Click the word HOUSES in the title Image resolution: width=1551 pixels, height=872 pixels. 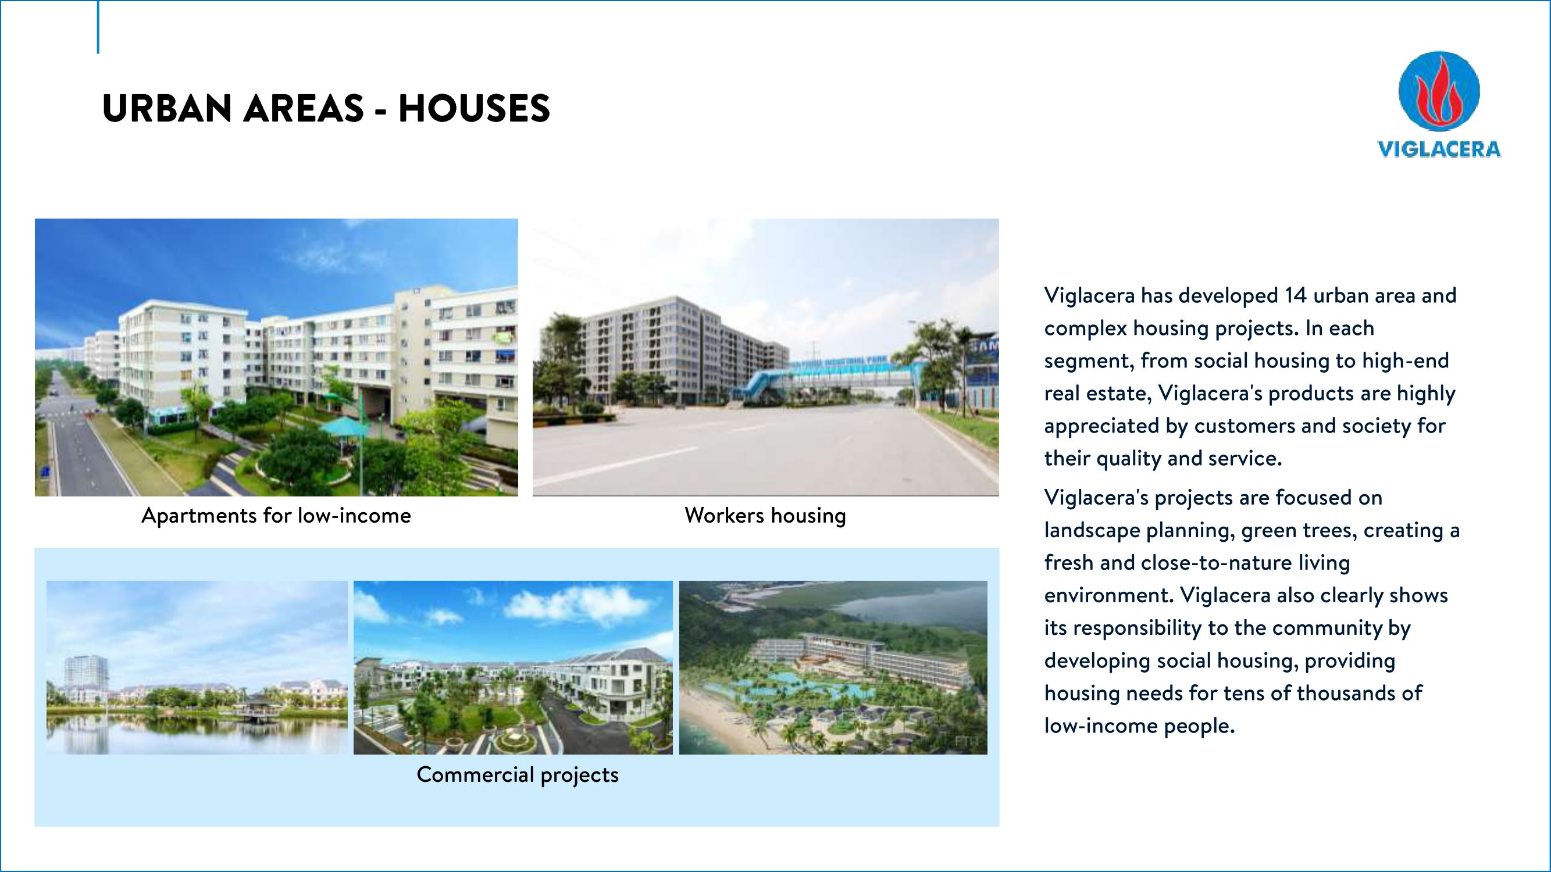click(x=474, y=109)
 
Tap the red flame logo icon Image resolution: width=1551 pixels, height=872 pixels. click(x=1438, y=91)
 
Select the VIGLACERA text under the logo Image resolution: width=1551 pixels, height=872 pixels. click(x=1439, y=149)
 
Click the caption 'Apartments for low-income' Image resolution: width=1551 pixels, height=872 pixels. click(x=276, y=516)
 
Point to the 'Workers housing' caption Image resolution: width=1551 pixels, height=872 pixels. click(x=765, y=516)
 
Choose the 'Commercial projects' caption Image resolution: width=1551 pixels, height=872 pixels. click(x=517, y=775)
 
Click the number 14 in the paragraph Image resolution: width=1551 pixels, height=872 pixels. click(x=1295, y=295)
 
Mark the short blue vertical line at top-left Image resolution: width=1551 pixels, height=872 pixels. click(x=98, y=27)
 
